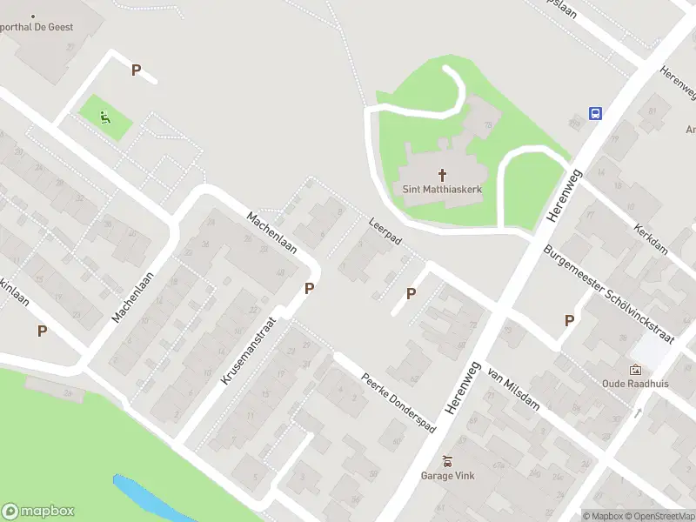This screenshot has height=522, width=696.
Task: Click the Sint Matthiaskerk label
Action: (x=442, y=188)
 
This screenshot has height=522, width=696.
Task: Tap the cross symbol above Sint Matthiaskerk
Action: (x=442, y=174)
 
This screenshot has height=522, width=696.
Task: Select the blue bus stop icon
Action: (x=596, y=113)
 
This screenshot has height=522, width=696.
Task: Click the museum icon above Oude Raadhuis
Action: (x=635, y=369)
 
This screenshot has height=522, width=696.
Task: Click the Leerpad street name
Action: (x=384, y=231)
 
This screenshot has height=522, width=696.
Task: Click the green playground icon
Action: (x=105, y=117)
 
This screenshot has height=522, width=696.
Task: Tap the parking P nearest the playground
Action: (x=136, y=70)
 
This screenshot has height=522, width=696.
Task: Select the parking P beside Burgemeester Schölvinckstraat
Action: (x=569, y=320)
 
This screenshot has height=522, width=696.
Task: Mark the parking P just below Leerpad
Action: (x=411, y=294)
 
